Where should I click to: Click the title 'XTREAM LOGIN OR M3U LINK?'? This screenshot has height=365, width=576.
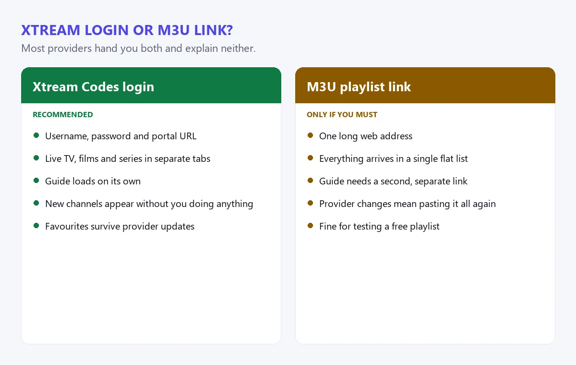(127, 30)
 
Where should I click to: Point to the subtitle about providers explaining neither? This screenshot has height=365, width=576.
(138, 49)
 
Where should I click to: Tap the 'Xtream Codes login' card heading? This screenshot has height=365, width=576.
(93, 86)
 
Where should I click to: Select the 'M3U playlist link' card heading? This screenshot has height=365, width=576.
(359, 86)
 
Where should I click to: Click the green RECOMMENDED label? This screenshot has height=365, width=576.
(63, 114)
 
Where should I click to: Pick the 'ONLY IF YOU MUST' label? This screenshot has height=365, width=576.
(342, 114)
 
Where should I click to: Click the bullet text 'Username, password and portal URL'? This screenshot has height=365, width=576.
(120, 136)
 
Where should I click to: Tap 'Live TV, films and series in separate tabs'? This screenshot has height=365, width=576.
(128, 158)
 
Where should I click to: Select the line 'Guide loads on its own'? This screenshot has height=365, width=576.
(93, 182)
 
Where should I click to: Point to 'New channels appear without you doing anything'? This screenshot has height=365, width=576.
(149, 204)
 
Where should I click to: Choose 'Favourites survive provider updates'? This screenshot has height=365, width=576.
(120, 227)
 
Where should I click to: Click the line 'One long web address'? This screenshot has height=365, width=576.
(366, 136)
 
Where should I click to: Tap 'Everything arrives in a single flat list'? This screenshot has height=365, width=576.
(394, 158)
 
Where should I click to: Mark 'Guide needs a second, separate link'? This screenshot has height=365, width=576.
(393, 182)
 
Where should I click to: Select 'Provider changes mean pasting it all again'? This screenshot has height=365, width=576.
(408, 204)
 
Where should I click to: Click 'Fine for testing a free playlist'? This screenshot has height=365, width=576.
(379, 227)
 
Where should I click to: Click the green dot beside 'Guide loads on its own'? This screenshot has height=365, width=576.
(36, 181)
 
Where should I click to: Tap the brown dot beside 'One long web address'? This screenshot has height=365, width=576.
(311, 135)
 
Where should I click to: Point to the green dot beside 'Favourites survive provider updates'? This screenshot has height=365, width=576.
(36, 226)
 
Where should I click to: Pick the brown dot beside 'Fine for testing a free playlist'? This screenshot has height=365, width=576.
(311, 226)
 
